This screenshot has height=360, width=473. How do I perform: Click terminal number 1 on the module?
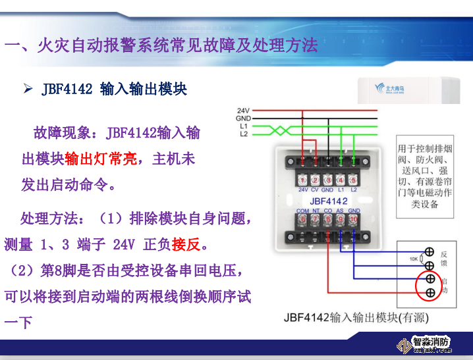point(302,180)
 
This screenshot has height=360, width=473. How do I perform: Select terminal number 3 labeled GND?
point(327,180)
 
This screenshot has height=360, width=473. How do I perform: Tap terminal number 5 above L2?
point(353,180)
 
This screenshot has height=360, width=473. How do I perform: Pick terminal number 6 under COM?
point(302,219)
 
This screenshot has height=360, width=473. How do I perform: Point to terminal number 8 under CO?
point(327,219)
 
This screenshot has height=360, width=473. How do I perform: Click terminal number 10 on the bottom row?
point(353,219)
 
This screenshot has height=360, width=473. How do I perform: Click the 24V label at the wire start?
point(242,110)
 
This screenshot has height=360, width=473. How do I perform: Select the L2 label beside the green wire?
point(243,134)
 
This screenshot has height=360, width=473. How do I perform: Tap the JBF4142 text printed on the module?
point(328,200)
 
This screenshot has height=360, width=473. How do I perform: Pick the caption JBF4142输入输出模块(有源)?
point(356,317)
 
